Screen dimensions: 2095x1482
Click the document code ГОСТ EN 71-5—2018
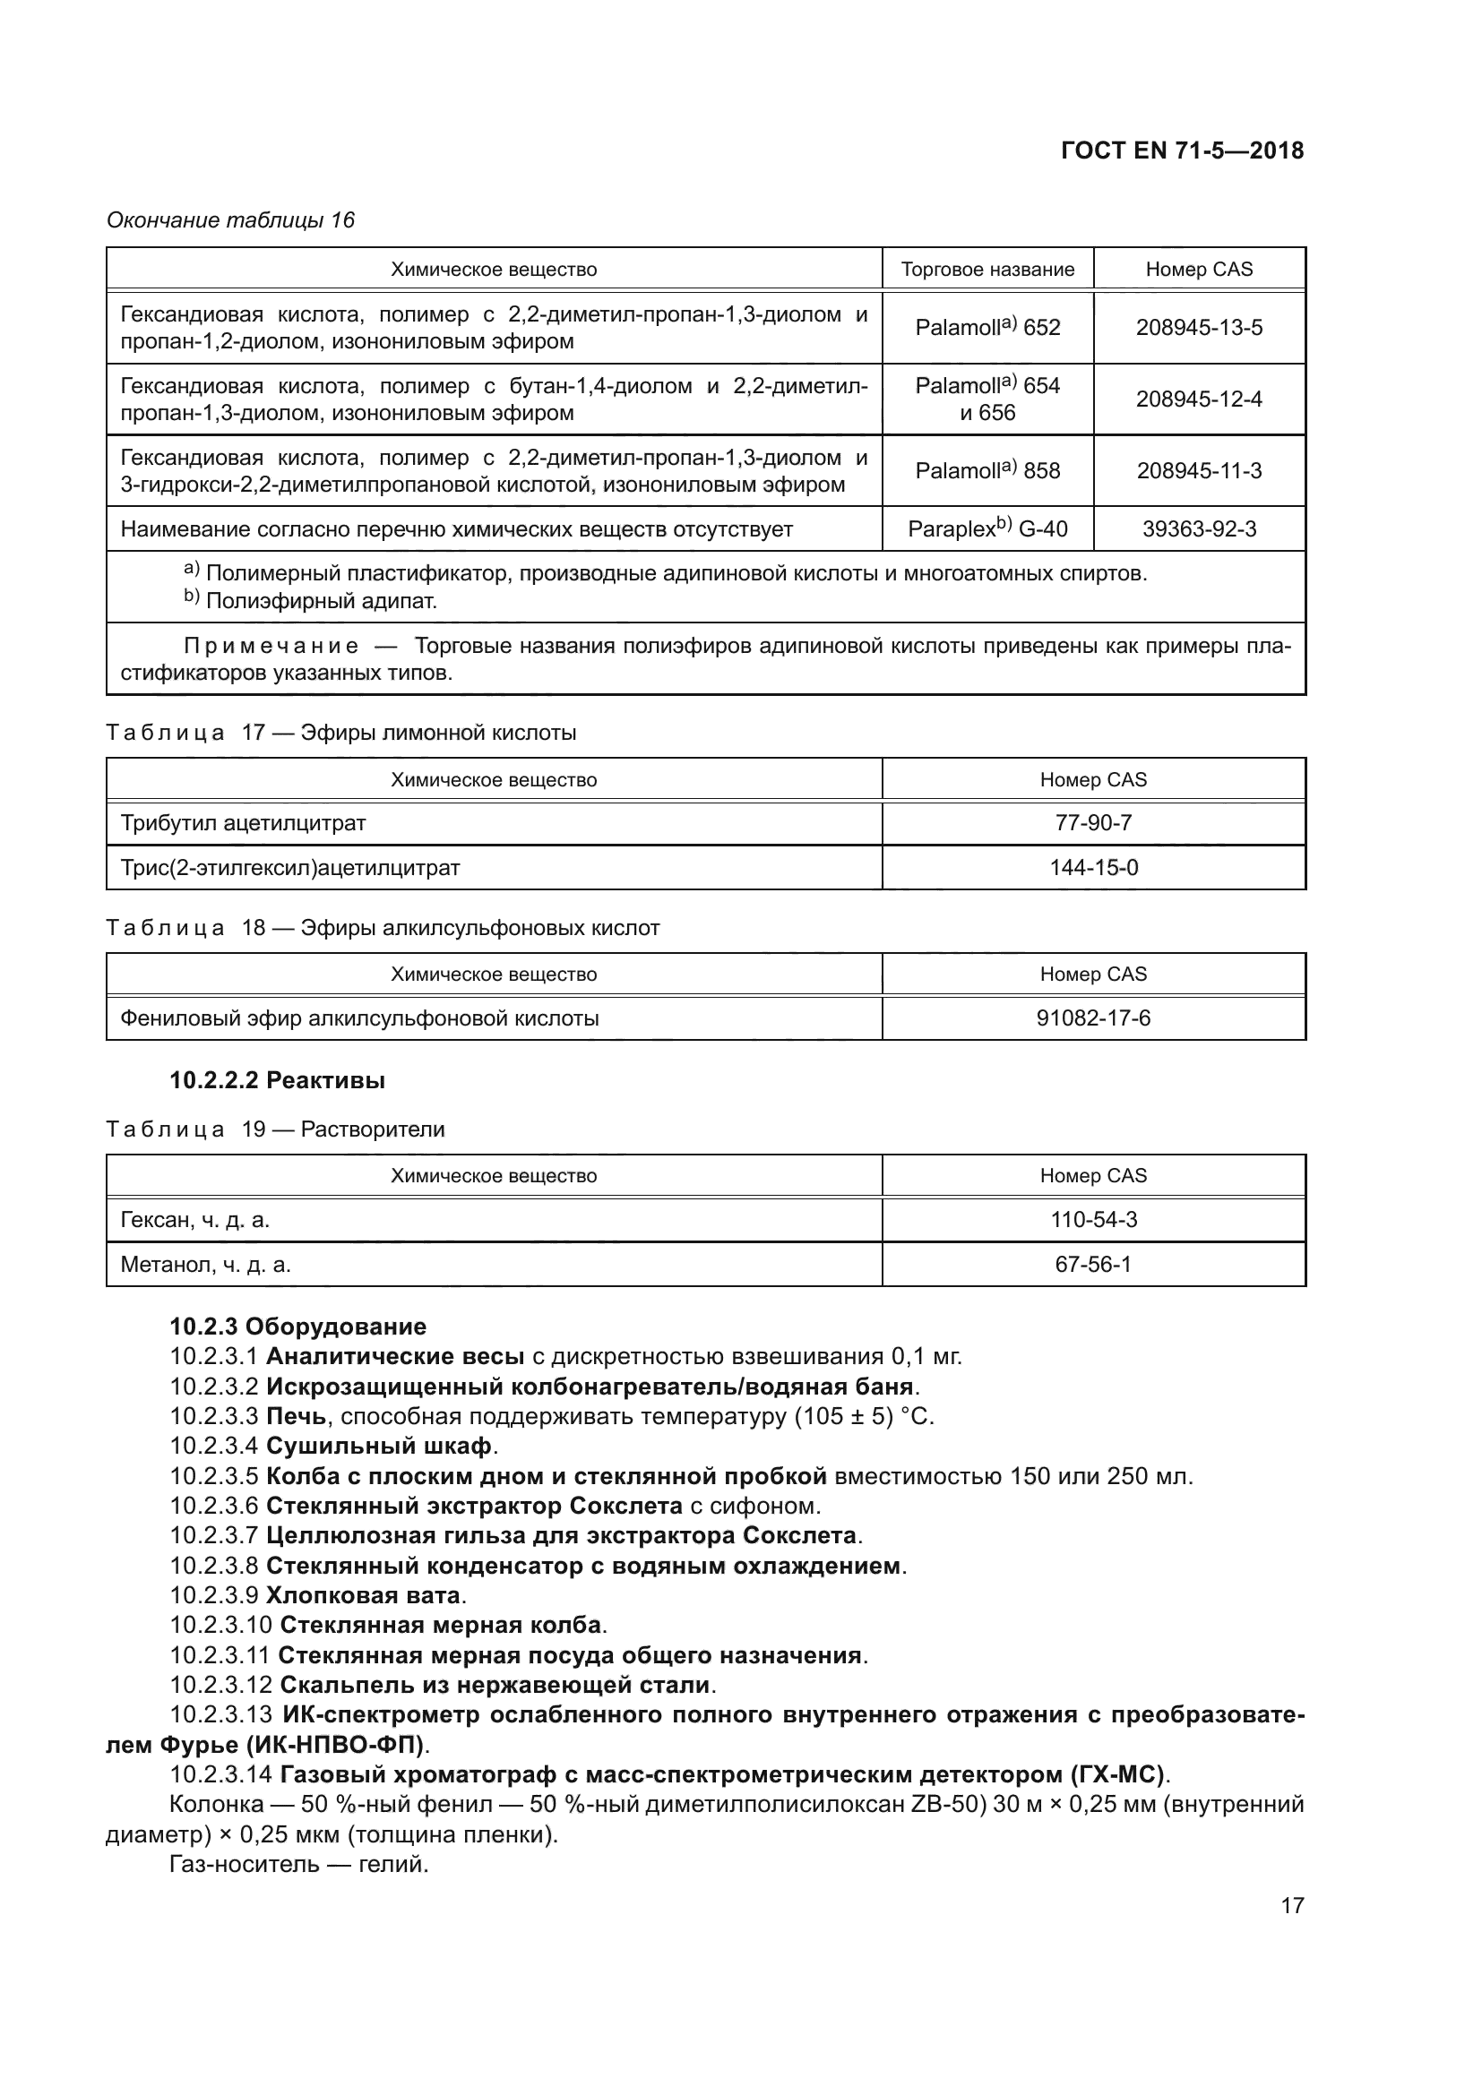pos(1182,150)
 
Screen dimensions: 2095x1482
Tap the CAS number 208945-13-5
pos(1198,328)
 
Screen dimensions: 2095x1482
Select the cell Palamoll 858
pos(987,471)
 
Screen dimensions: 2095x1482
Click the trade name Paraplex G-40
pos(987,529)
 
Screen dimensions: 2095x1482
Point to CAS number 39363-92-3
pos(1198,529)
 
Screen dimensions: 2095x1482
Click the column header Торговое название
pos(987,270)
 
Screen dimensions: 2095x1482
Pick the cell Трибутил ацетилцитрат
pos(244,823)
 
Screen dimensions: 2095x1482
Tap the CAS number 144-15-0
pos(1093,868)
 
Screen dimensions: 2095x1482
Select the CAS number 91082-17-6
pos(1093,1018)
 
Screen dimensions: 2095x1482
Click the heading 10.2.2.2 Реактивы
pos(278,1080)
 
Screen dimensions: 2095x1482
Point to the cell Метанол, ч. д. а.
pos(206,1265)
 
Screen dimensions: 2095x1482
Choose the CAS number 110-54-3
pos(1093,1220)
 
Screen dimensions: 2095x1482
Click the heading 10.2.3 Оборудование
pos(298,1326)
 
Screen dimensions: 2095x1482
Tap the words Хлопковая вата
pos(362,1595)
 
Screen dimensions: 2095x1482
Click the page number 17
pos(1292,1905)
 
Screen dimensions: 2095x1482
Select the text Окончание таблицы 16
pos(231,220)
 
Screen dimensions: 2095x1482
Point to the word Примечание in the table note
pos(271,646)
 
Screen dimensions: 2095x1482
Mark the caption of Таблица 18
pos(383,928)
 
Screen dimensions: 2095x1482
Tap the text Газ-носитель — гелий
pos(299,1864)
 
